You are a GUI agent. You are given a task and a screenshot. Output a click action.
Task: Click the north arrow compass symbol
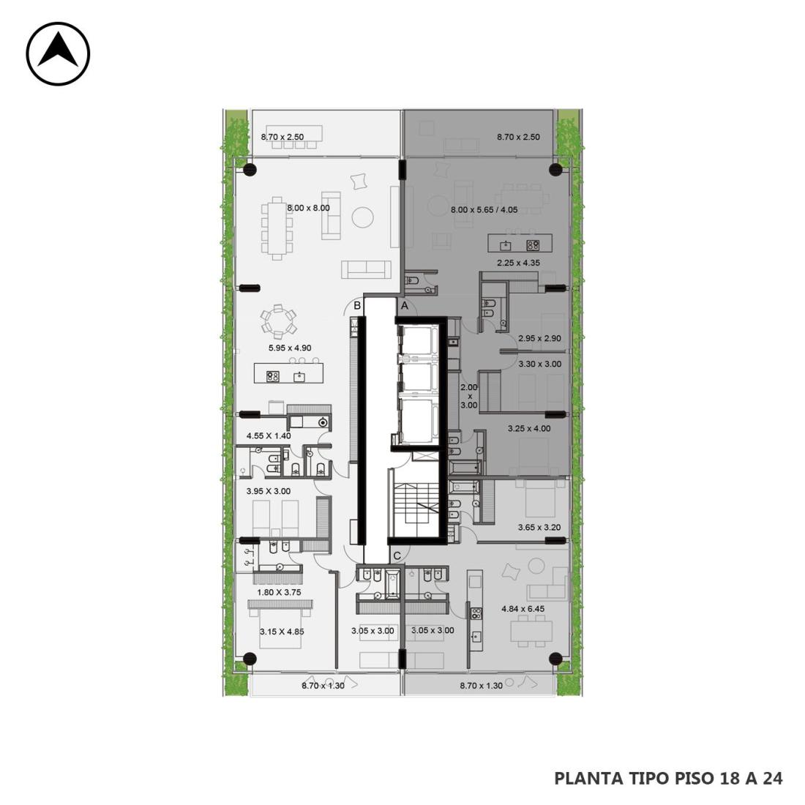(x=58, y=53)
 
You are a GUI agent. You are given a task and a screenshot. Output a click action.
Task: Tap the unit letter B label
(x=357, y=306)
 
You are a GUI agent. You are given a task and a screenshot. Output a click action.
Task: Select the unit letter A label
(x=405, y=306)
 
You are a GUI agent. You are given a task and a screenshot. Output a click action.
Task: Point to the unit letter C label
(x=397, y=556)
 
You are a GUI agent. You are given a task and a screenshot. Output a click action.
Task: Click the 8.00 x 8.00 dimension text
(x=308, y=208)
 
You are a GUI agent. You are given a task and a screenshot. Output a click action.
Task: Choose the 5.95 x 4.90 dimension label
(x=290, y=348)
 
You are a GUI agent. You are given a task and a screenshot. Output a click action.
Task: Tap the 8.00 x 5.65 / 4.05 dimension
(x=484, y=209)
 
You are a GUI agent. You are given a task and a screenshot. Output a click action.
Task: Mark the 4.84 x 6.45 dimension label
(x=523, y=609)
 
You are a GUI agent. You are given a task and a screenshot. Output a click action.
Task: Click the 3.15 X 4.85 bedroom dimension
(x=282, y=632)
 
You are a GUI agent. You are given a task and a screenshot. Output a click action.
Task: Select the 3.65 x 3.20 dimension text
(x=539, y=527)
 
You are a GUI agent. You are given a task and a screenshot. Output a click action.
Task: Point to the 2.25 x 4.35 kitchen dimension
(x=518, y=263)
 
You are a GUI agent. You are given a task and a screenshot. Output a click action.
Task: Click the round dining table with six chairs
(x=278, y=322)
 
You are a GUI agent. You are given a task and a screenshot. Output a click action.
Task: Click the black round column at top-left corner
(x=250, y=170)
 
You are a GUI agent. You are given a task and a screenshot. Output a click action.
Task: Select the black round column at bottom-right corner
(x=555, y=659)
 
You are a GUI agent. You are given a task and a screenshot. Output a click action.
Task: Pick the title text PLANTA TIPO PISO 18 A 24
(x=668, y=779)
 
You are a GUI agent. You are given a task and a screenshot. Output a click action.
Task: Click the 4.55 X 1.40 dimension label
(x=269, y=436)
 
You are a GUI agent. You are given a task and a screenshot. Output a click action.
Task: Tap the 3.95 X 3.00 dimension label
(x=269, y=491)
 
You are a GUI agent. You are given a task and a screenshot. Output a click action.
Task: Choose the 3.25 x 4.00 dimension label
(x=529, y=428)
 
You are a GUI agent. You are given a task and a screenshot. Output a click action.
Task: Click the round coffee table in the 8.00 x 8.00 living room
(x=363, y=217)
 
